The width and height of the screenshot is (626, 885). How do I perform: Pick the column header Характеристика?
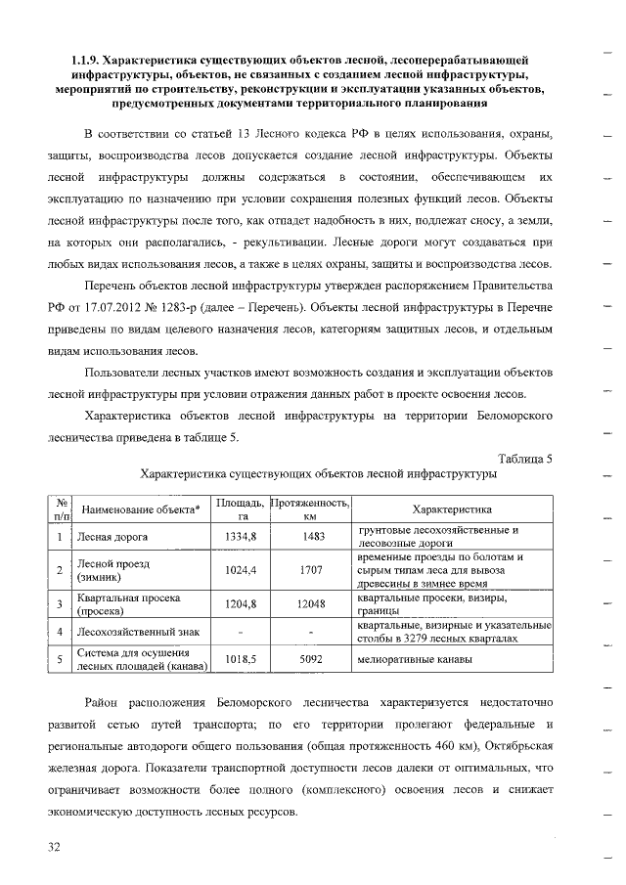(x=451, y=509)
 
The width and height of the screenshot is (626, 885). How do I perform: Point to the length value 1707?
(x=311, y=569)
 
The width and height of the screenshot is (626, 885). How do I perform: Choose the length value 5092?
(x=311, y=660)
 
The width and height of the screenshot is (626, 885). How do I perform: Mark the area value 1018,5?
(x=240, y=660)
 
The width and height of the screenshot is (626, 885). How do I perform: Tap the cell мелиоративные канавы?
(x=415, y=660)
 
